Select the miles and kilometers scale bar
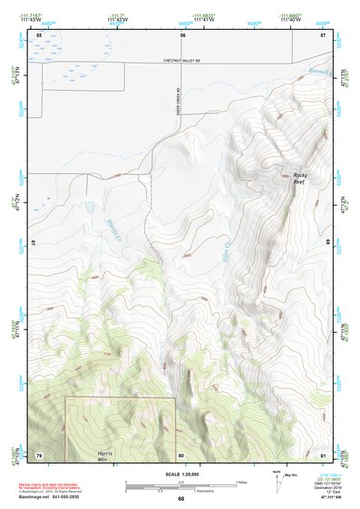(180, 487)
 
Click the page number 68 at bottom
(180, 499)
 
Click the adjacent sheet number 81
(323, 454)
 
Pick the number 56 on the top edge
(182, 34)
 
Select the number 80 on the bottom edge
(181, 454)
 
